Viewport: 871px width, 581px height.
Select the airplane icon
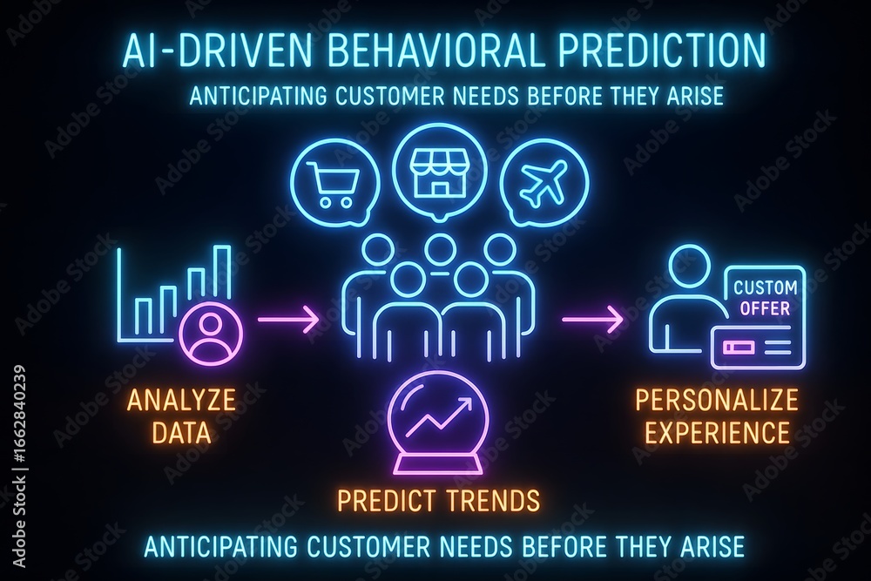coord(544,181)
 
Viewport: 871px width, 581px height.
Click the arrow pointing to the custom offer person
coord(591,320)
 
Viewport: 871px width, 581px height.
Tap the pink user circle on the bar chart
coord(212,332)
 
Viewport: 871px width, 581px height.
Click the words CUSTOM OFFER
coord(765,298)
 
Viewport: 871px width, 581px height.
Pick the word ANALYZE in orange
coord(182,400)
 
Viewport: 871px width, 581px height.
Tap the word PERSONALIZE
coord(717,400)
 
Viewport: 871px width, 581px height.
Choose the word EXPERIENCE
coord(717,432)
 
